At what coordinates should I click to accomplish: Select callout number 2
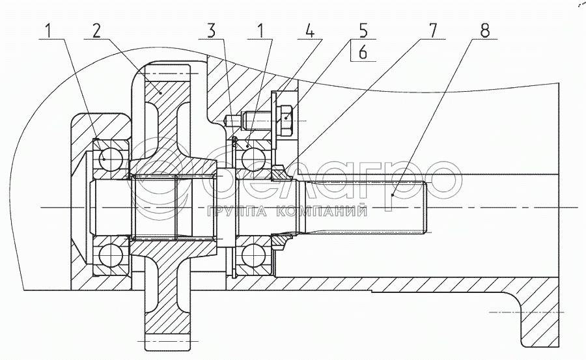[x=96, y=30]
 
